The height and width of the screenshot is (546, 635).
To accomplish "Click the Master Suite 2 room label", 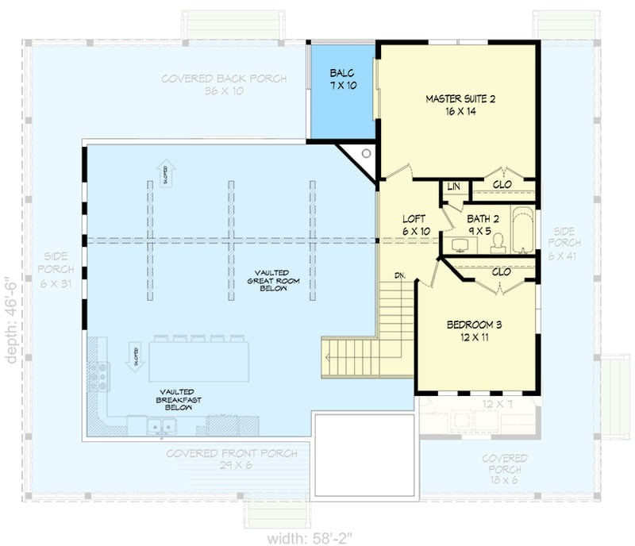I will [x=460, y=105].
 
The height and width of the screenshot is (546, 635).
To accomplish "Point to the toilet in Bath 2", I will [x=498, y=244].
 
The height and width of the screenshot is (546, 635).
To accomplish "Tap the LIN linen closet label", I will [x=453, y=186].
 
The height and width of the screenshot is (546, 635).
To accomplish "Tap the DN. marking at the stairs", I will [x=401, y=275].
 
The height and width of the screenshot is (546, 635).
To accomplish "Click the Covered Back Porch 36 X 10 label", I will [x=223, y=84].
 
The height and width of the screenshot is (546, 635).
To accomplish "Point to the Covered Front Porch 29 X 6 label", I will [x=209, y=459].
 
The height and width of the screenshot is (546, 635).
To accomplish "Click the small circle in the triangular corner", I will [x=366, y=155].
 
